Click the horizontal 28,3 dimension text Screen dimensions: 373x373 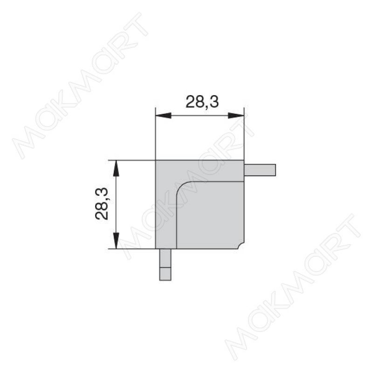tap(202, 102)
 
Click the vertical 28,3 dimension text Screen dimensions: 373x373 tap(102, 204)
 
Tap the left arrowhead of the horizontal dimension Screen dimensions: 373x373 tap(163, 116)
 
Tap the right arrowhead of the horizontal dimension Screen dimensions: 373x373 tap(236, 116)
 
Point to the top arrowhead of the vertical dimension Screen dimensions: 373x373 tap(116, 168)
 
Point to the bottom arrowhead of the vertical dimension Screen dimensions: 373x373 tap(116, 241)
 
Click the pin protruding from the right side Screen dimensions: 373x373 tap(260, 170)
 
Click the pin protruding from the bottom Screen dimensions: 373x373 tap(166, 264)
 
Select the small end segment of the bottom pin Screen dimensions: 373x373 tap(166, 274)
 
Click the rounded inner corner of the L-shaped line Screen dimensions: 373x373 tap(181, 186)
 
